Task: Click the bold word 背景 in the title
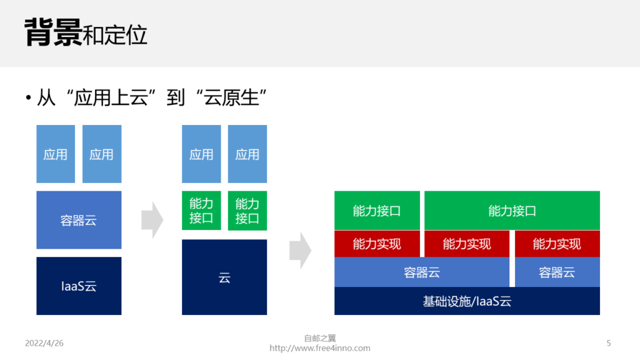pyautogui.click(x=53, y=32)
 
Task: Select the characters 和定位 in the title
pyautogui.click(x=115, y=35)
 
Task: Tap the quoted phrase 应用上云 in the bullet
pyautogui.click(x=111, y=98)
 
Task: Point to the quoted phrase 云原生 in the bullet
pyautogui.click(x=231, y=98)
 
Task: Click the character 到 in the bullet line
pyautogui.click(x=176, y=98)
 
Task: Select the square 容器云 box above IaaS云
pyautogui.click(x=79, y=220)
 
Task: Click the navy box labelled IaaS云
pyautogui.click(x=79, y=286)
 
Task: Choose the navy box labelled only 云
pyautogui.click(x=224, y=277)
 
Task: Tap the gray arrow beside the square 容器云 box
pyautogui.click(x=152, y=219)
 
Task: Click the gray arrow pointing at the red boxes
pyautogui.click(x=301, y=251)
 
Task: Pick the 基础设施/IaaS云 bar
pyautogui.click(x=467, y=301)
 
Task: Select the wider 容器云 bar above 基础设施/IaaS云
pyautogui.click(x=422, y=272)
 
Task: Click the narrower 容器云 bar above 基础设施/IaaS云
pyautogui.click(x=557, y=272)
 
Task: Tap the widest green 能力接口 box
pyautogui.click(x=512, y=211)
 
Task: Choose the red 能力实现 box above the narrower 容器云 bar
pyautogui.click(x=557, y=244)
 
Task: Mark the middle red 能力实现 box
pyautogui.click(x=467, y=244)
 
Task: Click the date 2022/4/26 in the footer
pyautogui.click(x=44, y=343)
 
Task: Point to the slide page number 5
pyautogui.click(x=609, y=343)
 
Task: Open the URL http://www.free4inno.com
pyautogui.click(x=320, y=348)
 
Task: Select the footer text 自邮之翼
pyautogui.click(x=320, y=338)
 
